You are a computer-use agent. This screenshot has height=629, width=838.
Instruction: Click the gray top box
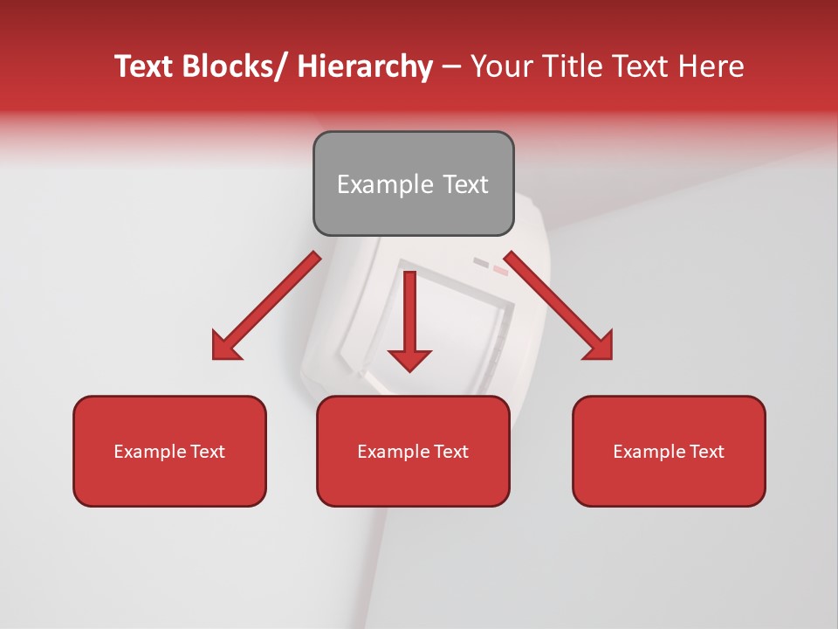point(413,183)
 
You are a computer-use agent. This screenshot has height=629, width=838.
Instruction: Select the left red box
point(169,451)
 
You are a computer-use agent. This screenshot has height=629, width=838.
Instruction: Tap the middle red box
point(413,451)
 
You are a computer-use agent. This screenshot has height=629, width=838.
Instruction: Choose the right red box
point(669,451)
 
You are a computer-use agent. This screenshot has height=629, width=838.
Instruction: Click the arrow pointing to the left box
point(267,306)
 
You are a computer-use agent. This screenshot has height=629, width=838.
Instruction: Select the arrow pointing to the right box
point(559,306)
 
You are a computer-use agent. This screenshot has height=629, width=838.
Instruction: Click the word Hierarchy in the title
point(365,66)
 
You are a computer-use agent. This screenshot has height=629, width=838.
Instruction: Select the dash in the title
point(451,67)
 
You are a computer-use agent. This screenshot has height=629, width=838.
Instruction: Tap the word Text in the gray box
point(465,184)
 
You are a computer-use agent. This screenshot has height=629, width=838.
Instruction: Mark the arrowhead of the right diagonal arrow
point(599,346)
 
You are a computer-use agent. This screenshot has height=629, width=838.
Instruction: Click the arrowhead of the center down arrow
point(409,359)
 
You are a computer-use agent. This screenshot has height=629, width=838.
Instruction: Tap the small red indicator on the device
point(500,270)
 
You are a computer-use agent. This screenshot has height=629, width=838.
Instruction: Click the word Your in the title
point(500,66)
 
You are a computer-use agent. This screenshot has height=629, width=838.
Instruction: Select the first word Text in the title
point(145,66)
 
